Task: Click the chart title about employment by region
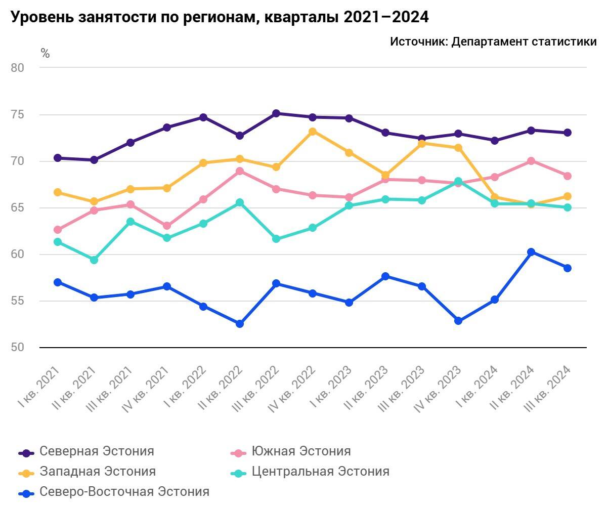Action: point(220,17)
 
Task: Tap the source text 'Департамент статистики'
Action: point(524,41)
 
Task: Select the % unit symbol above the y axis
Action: point(45,54)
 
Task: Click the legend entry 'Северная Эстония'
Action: point(97,451)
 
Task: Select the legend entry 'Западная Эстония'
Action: point(98,472)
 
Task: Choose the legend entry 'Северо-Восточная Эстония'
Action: point(124,492)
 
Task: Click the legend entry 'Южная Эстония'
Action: point(301,451)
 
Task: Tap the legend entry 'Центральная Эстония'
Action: point(320,472)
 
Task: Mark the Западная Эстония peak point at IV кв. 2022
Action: point(313,132)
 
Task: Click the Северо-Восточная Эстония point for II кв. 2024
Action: point(531,252)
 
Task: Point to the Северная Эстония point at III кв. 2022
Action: point(276,113)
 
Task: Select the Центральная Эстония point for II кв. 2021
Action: point(94,260)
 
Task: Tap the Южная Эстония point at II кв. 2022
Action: point(240,171)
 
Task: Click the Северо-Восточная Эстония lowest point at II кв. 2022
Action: point(240,324)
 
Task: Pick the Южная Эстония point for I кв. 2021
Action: point(58,230)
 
